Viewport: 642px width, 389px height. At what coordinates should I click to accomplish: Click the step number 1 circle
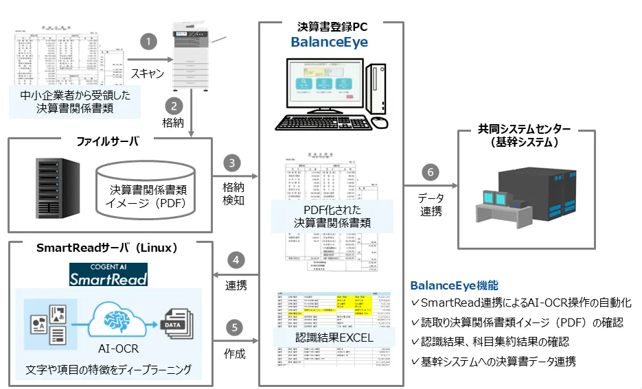click(148, 41)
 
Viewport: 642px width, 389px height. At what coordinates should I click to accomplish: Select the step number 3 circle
click(233, 163)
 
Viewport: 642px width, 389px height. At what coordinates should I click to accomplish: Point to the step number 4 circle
click(236, 261)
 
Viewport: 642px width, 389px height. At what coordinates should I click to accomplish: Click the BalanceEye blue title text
click(329, 43)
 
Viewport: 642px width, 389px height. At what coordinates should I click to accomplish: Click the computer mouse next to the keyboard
click(380, 122)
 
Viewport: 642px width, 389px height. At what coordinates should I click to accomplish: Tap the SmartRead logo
click(108, 274)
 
